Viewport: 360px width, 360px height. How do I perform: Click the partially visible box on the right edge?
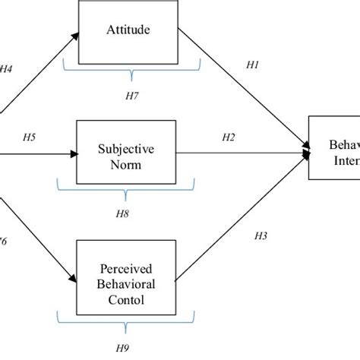coord(334,147)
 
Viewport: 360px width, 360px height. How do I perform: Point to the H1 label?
coord(254,67)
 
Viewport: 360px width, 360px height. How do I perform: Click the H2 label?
coord(228,137)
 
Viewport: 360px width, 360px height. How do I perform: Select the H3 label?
coord(261,237)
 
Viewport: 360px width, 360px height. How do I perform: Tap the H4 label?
coord(6,69)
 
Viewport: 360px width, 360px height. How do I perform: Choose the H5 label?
coord(30,137)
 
